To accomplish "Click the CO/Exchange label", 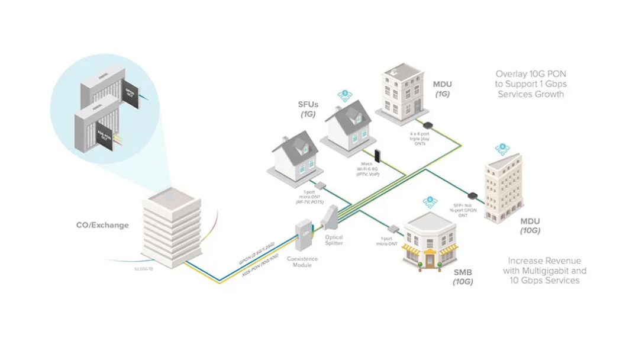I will click(102, 225).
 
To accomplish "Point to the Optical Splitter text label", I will click(334, 240).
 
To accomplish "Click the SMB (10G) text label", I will click(463, 277).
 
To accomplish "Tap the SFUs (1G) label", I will click(308, 108).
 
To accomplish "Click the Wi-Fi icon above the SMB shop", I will click(430, 201).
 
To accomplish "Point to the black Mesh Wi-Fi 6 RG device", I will click(377, 155).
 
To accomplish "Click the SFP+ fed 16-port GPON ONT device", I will click(473, 195).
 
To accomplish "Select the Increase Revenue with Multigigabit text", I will click(544, 270).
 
